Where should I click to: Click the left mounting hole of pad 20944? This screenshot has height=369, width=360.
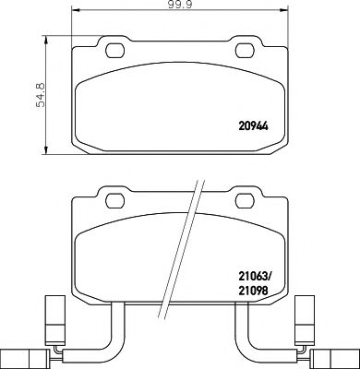point(115,51)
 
